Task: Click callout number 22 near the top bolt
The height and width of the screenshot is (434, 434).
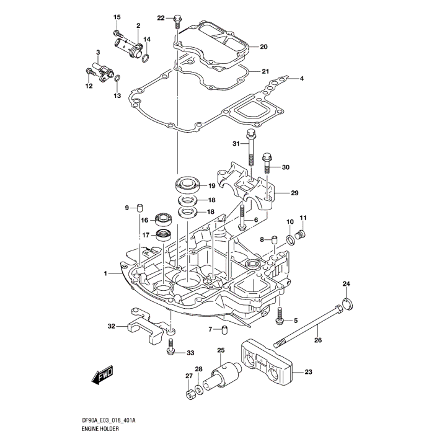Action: (x=161, y=18)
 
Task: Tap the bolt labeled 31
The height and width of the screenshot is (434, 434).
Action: (x=250, y=149)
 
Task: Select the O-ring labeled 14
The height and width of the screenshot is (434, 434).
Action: (x=145, y=59)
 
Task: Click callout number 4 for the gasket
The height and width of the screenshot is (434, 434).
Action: (x=302, y=79)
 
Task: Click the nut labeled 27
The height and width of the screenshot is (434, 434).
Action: (x=189, y=394)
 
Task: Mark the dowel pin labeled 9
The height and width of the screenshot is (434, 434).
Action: (x=140, y=207)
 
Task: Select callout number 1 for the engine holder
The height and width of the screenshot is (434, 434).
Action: (x=106, y=273)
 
